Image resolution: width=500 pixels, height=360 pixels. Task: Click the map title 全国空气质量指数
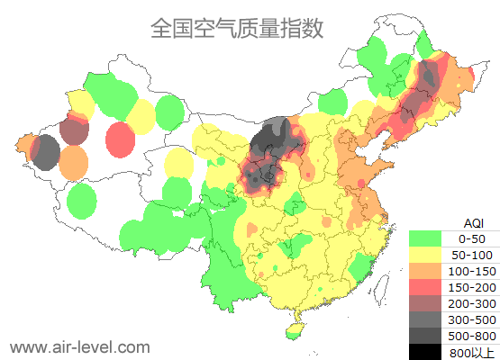pos(237,29)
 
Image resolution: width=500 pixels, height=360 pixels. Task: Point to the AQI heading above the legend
pos(472,222)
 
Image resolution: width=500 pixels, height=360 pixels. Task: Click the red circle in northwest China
pos(120,139)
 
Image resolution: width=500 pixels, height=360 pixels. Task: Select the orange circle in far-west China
pos(74,162)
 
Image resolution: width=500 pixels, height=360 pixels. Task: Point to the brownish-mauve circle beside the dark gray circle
pos(74,132)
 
